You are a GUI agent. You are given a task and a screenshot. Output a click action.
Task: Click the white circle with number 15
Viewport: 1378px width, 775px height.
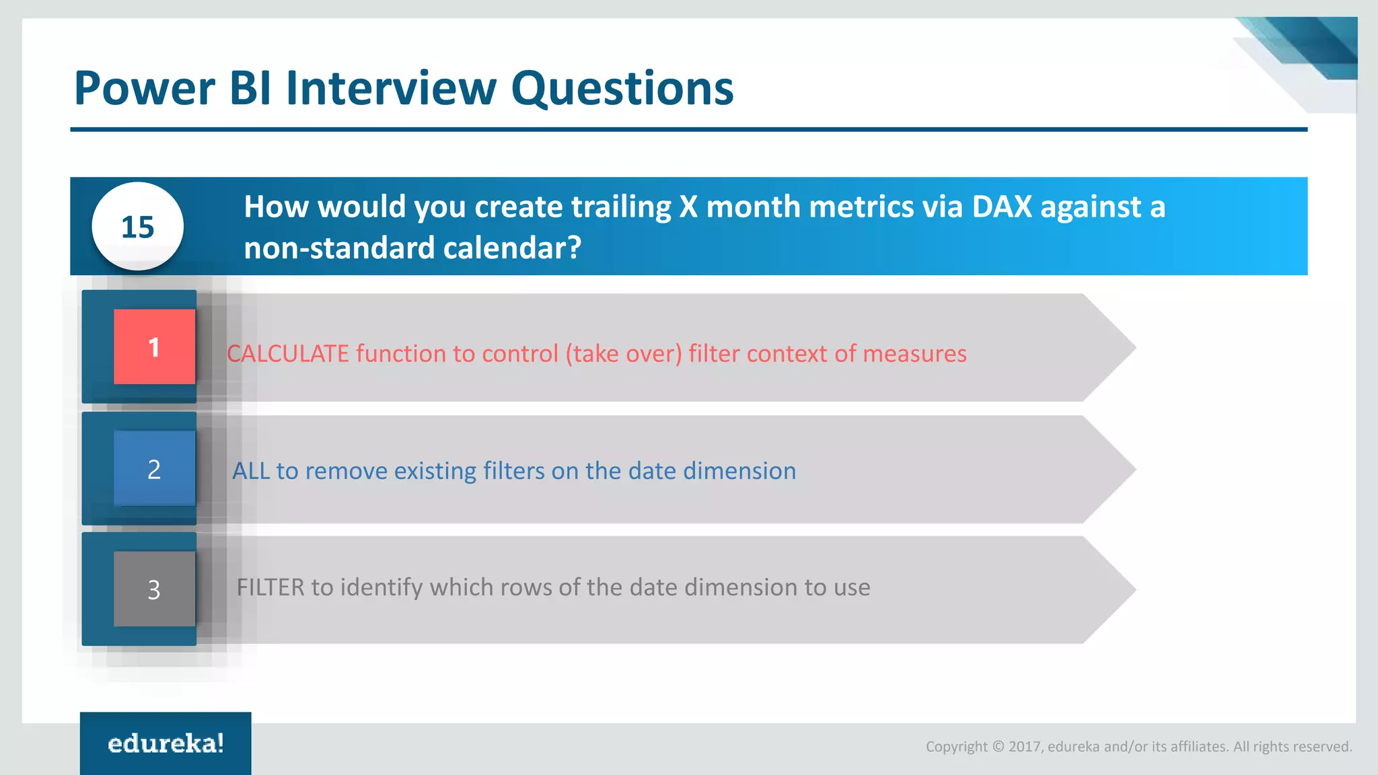[138, 227]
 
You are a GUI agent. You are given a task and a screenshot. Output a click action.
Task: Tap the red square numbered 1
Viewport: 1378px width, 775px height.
[154, 347]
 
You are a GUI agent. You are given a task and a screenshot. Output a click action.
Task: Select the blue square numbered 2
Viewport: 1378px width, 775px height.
[154, 469]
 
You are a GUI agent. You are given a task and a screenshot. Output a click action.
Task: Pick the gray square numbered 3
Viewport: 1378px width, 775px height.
[154, 589]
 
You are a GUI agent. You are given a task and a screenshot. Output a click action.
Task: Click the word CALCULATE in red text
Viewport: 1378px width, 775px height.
[287, 354]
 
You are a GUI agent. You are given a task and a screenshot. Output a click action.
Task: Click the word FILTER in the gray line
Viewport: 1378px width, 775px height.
[270, 587]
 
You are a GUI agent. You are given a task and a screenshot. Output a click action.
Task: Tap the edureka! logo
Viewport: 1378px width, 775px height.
[166, 743]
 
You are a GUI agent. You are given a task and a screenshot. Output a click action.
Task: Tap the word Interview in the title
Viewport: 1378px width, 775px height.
[391, 89]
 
